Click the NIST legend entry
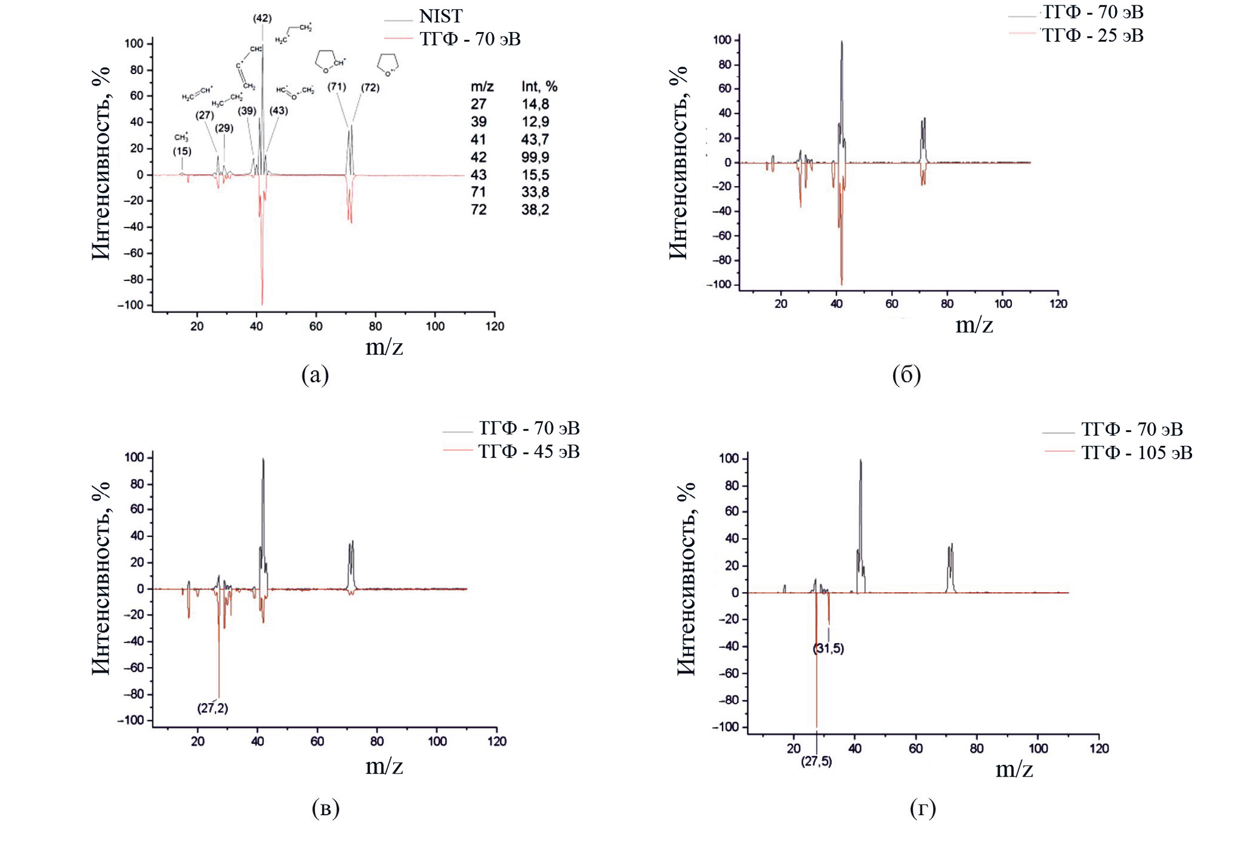(x=440, y=16)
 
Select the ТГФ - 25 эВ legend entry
(x=1092, y=36)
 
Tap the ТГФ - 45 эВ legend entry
(x=528, y=452)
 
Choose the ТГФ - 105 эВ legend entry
(x=1136, y=453)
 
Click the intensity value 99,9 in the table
(x=535, y=157)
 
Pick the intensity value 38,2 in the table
(x=535, y=210)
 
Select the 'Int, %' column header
(x=539, y=87)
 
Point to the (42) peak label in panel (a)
(x=262, y=18)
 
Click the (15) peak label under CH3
(x=182, y=151)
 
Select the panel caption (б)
(x=906, y=375)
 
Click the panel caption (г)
(x=923, y=808)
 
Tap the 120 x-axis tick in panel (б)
(x=1058, y=304)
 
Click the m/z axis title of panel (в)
(x=384, y=766)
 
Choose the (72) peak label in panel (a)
(x=370, y=87)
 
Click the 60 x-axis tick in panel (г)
(x=915, y=749)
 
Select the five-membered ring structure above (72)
(x=388, y=63)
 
